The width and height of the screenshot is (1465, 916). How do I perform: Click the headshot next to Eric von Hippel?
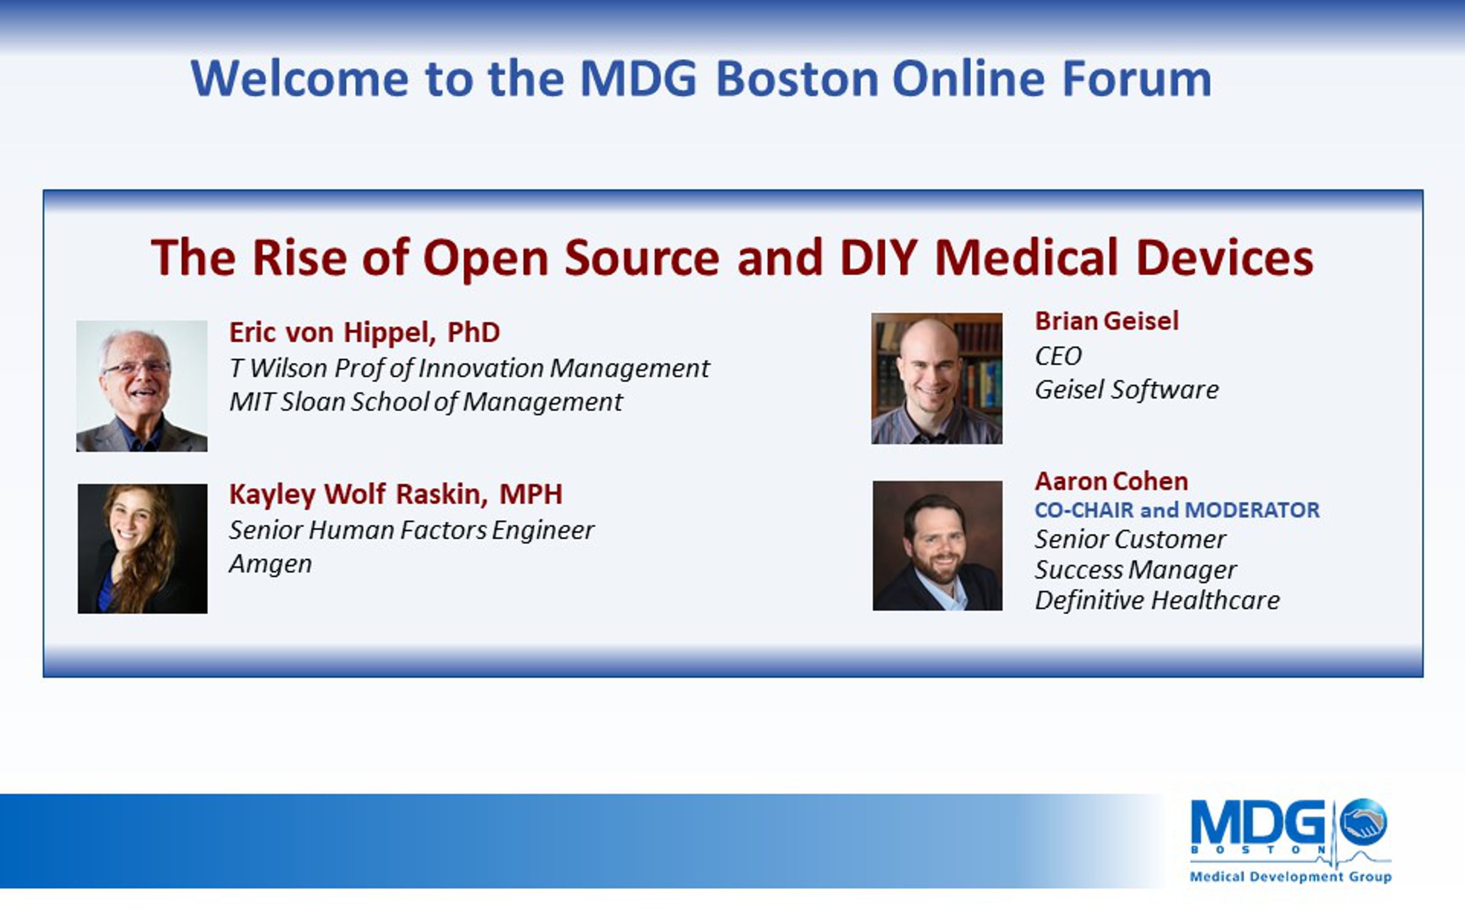click(x=142, y=386)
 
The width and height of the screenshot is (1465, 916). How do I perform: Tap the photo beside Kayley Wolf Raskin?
click(x=142, y=548)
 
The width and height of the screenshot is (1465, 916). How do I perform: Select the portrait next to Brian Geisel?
click(x=936, y=379)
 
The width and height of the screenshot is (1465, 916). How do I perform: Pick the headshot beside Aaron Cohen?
click(x=937, y=545)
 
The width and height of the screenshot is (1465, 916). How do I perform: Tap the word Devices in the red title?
click(x=1224, y=257)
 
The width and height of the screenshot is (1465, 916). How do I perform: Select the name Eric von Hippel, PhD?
click(x=364, y=332)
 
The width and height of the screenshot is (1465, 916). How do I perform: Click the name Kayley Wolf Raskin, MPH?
click(x=396, y=494)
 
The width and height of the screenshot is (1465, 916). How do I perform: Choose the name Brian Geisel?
click(x=1107, y=321)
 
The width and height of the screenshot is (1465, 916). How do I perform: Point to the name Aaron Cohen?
click(x=1112, y=481)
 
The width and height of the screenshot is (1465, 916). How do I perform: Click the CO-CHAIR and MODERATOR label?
click(x=1177, y=510)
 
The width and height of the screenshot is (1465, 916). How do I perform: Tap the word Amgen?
click(x=270, y=564)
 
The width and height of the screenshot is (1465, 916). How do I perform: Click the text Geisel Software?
click(x=1127, y=390)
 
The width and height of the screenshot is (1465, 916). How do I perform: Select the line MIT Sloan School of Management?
click(x=425, y=402)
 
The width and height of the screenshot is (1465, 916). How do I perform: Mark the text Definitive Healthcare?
click(x=1157, y=600)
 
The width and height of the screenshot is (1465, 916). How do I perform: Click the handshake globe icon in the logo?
click(x=1363, y=821)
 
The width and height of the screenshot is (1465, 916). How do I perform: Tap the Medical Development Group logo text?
click(x=1291, y=876)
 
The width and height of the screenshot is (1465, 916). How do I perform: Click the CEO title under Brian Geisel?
click(x=1058, y=356)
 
